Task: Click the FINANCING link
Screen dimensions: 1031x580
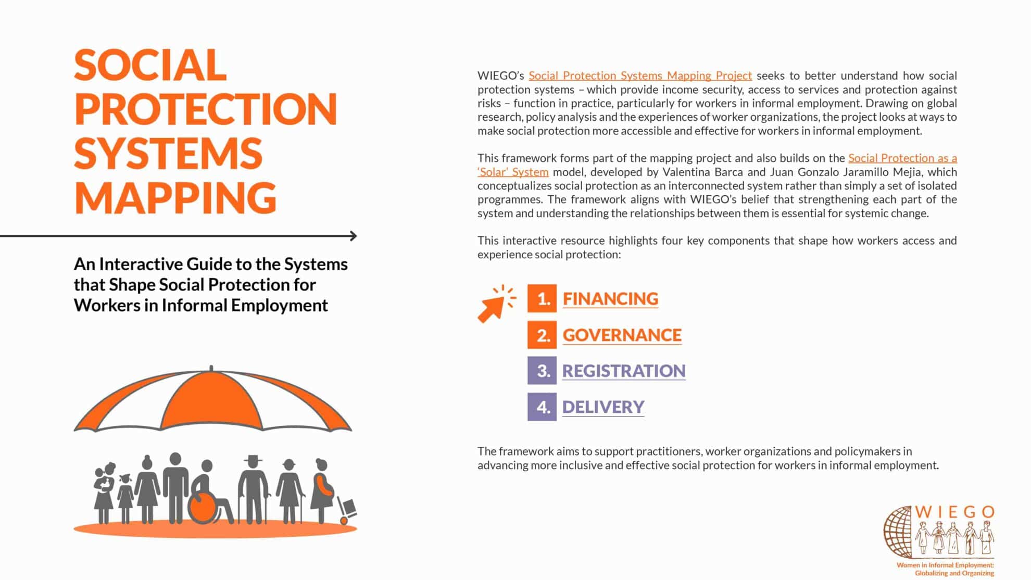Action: tap(610, 299)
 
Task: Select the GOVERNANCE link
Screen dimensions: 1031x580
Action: tap(622, 335)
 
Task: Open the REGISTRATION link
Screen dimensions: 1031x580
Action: tap(624, 371)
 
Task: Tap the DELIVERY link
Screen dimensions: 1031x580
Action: tap(603, 407)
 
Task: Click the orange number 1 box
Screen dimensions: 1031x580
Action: tap(542, 298)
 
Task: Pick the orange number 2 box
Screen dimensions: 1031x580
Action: tap(542, 334)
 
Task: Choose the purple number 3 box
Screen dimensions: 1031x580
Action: tap(542, 370)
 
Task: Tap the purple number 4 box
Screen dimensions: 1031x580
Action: tap(542, 407)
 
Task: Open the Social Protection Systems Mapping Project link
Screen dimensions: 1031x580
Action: tap(640, 75)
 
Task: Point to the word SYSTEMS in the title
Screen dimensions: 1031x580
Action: tap(168, 153)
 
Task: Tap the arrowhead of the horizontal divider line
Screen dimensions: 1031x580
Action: tap(354, 236)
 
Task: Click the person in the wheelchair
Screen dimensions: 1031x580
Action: tap(209, 494)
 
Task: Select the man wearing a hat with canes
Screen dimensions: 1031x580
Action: tap(254, 489)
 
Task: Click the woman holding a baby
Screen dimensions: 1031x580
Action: tap(104, 492)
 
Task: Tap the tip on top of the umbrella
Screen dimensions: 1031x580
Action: tap(211, 368)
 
